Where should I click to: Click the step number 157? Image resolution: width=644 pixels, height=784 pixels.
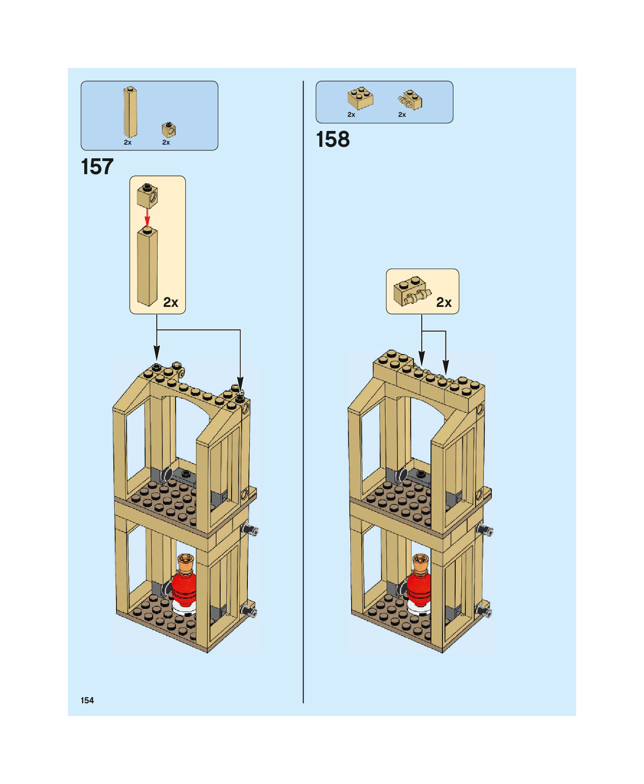coord(97,167)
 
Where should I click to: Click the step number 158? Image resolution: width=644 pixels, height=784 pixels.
coord(333,140)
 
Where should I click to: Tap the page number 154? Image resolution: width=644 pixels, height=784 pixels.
coord(87,700)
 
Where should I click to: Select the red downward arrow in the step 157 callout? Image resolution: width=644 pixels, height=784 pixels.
coord(147,217)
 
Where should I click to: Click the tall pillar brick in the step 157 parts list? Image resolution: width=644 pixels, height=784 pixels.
coord(130,112)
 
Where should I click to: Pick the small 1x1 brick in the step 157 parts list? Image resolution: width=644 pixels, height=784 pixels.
coord(168,130)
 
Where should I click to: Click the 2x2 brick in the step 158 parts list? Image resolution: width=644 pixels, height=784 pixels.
coord(360,98)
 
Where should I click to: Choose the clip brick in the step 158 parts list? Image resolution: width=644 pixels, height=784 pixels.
coord(410,100)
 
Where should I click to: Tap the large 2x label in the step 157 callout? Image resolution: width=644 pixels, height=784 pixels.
coord(171,302)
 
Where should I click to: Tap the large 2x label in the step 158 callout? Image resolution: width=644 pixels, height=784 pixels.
coord(444,302)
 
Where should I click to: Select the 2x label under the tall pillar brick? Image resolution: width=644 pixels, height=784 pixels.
coord(127,142)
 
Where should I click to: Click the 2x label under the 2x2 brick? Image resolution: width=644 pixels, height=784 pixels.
coord(351,115)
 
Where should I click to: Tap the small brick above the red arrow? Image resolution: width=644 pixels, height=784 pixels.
coord(147,196)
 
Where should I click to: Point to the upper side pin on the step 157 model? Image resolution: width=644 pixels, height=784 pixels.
coord(250,530)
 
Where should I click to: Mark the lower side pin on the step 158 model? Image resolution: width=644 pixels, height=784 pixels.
coord(484,611)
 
